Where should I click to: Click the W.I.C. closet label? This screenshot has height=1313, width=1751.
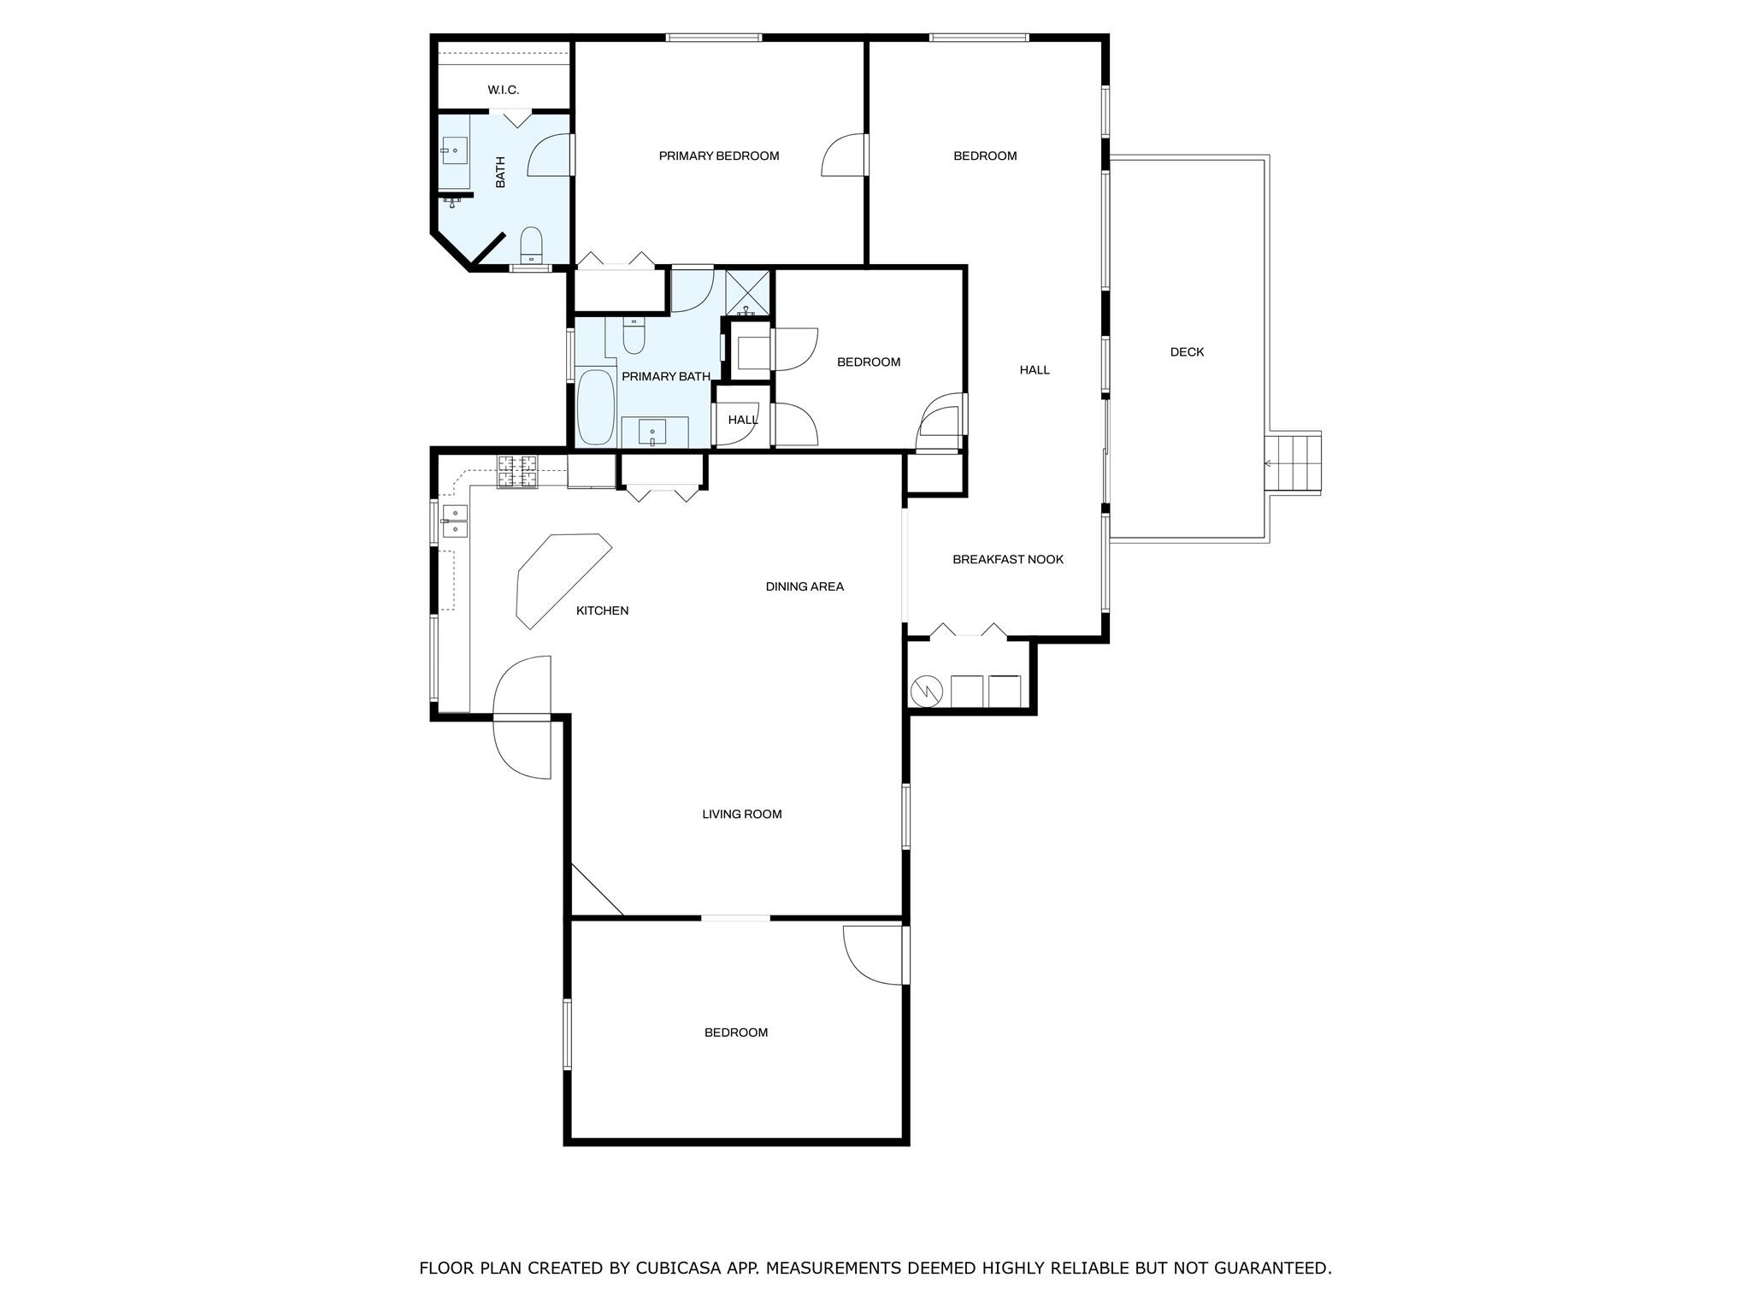pyautogui.click(x=503, y=90)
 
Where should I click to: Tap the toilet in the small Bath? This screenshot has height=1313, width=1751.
pyautogui.click(x=531, y=244)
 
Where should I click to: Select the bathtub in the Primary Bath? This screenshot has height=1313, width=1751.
pyautogui.click(x=595, y=407)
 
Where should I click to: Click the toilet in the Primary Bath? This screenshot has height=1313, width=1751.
pyautogui.click(x=633, y=336)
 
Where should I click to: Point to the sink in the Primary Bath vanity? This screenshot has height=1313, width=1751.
pyautogui.click(x=652, y=432)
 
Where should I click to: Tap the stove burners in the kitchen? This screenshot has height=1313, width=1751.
pyautogui.click(x=518, y=472)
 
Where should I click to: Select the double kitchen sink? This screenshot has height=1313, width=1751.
pyautogui.click(x=455, y=520)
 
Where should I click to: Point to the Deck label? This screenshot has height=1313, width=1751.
pyautogui.click(x=1187, y=352)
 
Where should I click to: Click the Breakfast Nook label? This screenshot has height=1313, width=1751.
pyautogui.click(x=1008, y=560)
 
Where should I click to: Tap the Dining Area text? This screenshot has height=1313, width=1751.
pyautogui.click(x=805, y=586)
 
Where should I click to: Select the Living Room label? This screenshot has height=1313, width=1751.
pyautogui.click(x=742, y=815)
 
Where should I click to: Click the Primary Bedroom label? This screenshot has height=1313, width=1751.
pyautogui.click(x=719, y=156)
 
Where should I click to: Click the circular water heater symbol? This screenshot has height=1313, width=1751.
pyautogui.click(x=927, y=690)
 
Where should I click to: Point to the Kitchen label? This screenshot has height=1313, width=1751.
pyautogui.click(x=602, y=611)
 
